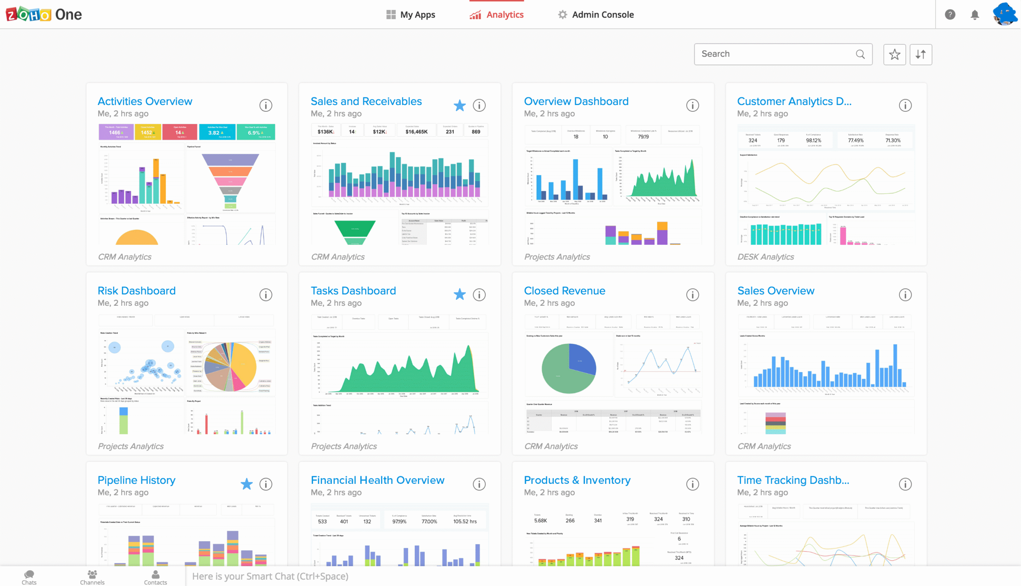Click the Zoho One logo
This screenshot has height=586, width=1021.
[43, 14]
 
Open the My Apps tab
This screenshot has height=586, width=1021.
[410, 15]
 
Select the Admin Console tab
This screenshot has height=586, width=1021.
[595, 15]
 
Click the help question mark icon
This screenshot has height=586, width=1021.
[950, 15]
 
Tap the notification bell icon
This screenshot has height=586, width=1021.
[974, 15]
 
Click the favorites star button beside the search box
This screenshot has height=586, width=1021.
[894, 54]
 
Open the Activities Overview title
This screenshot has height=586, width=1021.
[145, 101]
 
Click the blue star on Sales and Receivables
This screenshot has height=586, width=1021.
[459, 105]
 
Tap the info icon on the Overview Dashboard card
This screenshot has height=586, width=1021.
[692, 105]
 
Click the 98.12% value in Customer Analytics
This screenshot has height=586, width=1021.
[813, 141]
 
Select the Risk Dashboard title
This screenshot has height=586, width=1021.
[136, 291]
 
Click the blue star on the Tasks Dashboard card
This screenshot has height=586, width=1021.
[459, 295]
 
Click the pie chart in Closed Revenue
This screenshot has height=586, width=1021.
[568, 368]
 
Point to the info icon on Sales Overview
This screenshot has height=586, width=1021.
[905, 295]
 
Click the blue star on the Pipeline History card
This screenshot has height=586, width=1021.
[246, 484]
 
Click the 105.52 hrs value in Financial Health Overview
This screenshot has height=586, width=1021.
[465, 522]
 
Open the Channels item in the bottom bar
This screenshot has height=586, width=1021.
[92, 577]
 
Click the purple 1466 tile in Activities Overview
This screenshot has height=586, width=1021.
[116, 132]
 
